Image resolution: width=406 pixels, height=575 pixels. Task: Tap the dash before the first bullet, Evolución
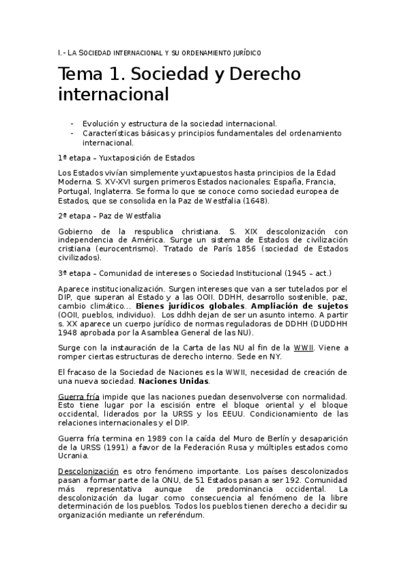tap(72, 124)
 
